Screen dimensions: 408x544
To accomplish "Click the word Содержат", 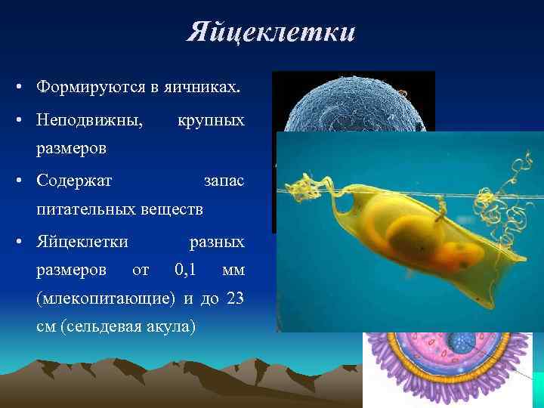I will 74,181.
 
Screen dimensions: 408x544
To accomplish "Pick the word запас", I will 224,181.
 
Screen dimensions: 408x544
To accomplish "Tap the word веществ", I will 176,208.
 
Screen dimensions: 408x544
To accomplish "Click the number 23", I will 234,297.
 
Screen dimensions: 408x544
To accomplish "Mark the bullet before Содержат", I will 17,182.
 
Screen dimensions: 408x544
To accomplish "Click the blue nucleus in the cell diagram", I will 460,342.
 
